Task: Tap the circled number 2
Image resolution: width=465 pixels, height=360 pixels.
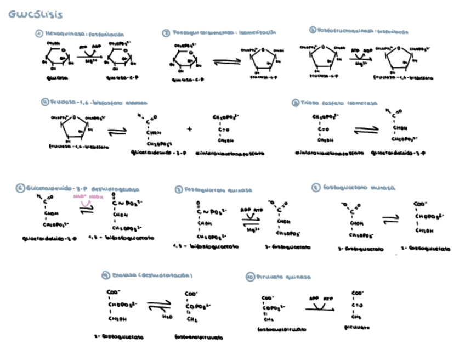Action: pyautogui.click(x=166, y=33)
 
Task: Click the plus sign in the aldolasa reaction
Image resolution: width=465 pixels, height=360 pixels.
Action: pyautogui.click(x=190, y=130)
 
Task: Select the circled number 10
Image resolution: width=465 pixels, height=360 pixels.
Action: pyautogui.click(x=250, y=278)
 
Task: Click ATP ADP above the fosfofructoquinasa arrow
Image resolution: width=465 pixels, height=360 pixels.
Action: pyautogui.click(x=360, y=49)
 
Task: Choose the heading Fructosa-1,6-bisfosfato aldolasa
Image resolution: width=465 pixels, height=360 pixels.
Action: pyautogui.click(x=98, y=103)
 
